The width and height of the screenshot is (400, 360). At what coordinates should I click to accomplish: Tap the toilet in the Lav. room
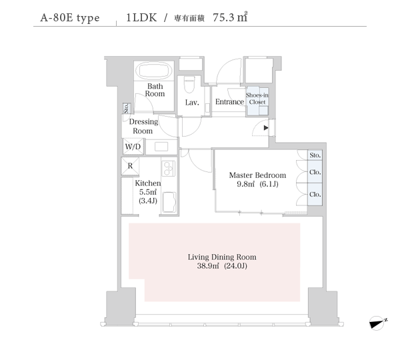(x=189, y=85)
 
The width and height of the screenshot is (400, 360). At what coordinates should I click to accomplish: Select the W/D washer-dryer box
(x=133, y=147)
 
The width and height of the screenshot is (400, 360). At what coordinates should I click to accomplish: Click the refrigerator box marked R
(x=130, y=167)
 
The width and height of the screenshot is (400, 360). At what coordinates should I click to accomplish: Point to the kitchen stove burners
(x=169, y=169)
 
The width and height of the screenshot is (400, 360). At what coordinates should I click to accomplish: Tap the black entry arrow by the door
(x=266, y=127)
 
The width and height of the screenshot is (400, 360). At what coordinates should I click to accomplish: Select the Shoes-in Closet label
(x=257, y=99)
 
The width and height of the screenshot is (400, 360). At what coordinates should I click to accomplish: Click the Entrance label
(x=229, y=102)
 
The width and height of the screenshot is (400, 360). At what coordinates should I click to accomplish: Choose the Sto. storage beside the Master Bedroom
(x=315, y=155)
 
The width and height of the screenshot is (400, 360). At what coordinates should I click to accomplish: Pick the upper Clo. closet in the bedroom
(x=315, y=172)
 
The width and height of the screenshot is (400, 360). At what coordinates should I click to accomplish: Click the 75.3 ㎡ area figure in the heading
(x=230, y=17)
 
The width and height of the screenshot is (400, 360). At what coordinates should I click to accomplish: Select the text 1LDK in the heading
(x=141, y=17)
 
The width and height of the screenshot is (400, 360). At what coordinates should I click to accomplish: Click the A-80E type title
(x=70, y=18)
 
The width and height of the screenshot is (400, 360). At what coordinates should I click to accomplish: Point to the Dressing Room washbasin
(x=161, y=147)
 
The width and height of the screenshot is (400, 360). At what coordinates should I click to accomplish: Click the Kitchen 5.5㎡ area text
(x=148, y=192)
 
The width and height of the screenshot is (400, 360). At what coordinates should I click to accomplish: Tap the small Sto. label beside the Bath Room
(x=127, y=108)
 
